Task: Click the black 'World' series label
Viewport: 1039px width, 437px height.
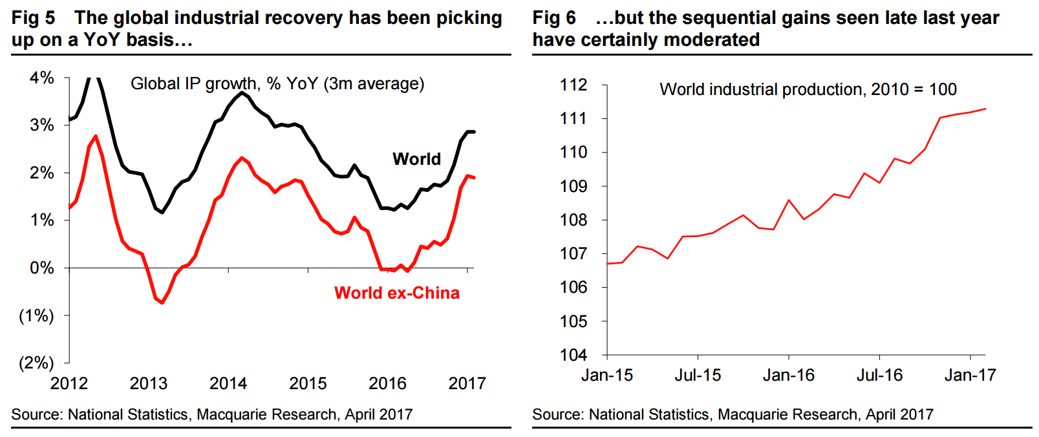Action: coord(416,159)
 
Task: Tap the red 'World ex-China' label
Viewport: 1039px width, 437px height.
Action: coord(396,293)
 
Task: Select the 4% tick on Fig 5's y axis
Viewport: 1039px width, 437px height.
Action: coord(42,78)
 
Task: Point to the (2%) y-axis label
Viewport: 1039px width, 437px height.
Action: coord(36,363)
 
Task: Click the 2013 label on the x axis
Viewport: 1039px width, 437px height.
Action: coord(148,383)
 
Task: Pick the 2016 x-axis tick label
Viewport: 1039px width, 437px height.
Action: coord(387,383)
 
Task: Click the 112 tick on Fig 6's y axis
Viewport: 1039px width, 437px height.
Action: coord(573,85)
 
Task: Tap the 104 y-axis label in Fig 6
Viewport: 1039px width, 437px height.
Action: coord(573,355)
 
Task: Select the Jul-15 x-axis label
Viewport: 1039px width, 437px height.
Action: coord(698,375)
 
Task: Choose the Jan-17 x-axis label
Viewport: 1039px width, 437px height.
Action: coord(970,375)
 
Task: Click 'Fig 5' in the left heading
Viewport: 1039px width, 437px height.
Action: coord(33,18)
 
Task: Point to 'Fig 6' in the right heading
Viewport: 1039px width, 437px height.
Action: coord(554,18)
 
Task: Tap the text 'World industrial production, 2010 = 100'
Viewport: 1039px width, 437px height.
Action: coord(808,89)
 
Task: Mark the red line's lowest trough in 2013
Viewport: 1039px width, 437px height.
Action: coord(162,303)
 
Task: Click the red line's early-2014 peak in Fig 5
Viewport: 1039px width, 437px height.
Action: coord(242,158)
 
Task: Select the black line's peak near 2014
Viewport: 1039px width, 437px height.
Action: coord(242,92)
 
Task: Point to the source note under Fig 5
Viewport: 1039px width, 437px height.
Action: coord(211,414)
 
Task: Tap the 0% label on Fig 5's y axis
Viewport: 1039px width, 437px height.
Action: coord(42,268)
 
